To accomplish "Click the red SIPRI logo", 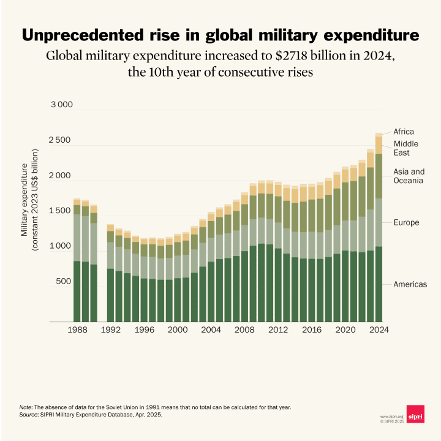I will (415, 414).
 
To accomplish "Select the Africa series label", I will (404, 132).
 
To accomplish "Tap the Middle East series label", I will (405, 148).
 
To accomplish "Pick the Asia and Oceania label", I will (409, 176).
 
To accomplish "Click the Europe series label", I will (406, 222).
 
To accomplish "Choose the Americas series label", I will (410, 284).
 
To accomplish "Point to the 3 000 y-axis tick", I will (61, 105).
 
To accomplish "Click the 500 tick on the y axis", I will (64, 282).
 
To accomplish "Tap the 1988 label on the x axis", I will (77, 330).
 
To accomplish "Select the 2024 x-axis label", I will (379, 330).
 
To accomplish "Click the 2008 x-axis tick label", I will (245, 330).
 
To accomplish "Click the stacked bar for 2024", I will (379, 227).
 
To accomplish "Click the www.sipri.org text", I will (391, 417).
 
